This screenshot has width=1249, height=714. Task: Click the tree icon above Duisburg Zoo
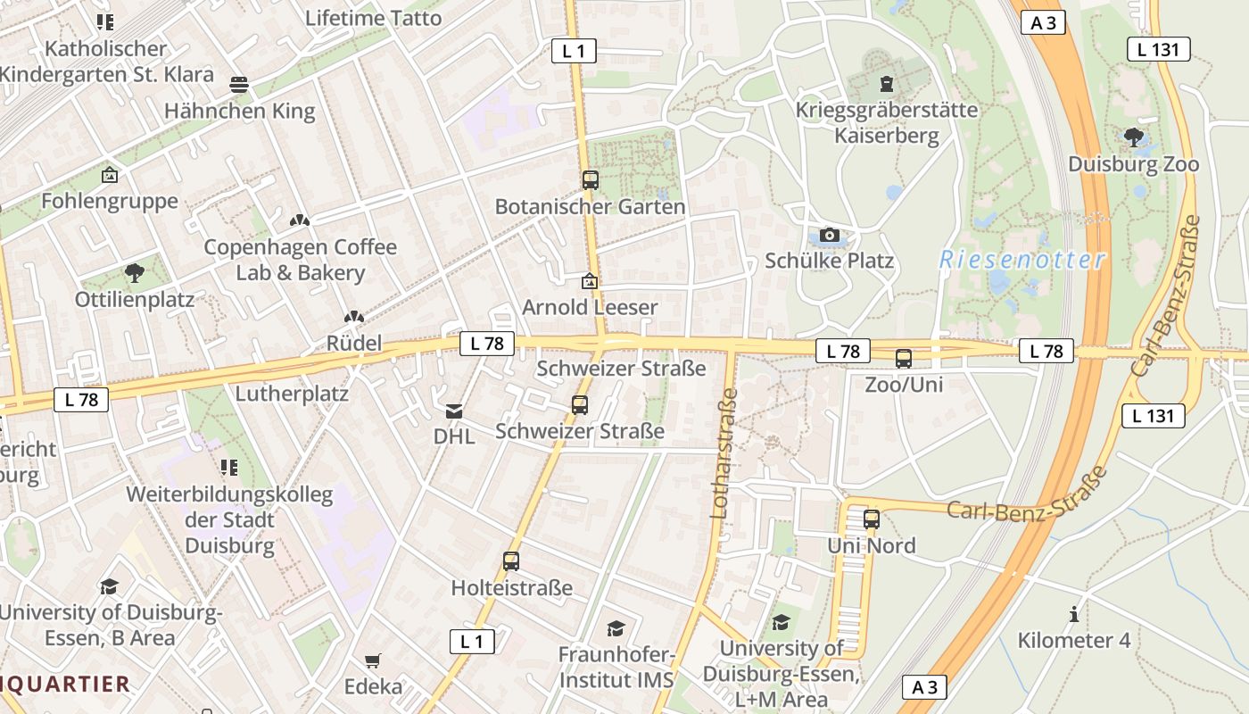coord(1133,137)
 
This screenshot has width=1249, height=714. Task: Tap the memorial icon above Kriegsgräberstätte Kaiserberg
coord(886,84)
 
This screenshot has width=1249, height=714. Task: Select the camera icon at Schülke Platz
coord(830,235)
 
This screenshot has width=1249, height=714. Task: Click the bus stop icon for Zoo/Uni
coord(904,359)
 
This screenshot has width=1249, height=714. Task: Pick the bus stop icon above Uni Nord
coord(872,519)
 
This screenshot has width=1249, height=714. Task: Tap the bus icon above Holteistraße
coord(511,561)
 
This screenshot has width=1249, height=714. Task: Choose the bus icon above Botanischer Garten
coord(590,179)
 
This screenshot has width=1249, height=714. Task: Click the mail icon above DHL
coord(454,411)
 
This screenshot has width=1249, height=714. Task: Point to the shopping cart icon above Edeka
coord(373,661)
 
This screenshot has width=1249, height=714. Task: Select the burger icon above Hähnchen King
coord(239,85)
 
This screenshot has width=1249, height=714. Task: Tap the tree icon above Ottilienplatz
coord(135,272)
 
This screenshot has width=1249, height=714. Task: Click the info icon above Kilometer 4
coord(1074,614)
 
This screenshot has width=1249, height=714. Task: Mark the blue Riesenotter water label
coord(1022,261)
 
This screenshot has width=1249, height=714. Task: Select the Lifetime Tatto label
coord(373,18)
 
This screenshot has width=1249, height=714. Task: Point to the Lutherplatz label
coord(292,393)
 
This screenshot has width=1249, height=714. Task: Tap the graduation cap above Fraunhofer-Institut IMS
coord(616,628)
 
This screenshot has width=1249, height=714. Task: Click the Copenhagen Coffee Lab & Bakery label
coord(300,260)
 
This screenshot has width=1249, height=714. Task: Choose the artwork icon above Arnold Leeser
coord(589,281)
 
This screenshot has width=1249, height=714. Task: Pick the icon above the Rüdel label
coord(354,317)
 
